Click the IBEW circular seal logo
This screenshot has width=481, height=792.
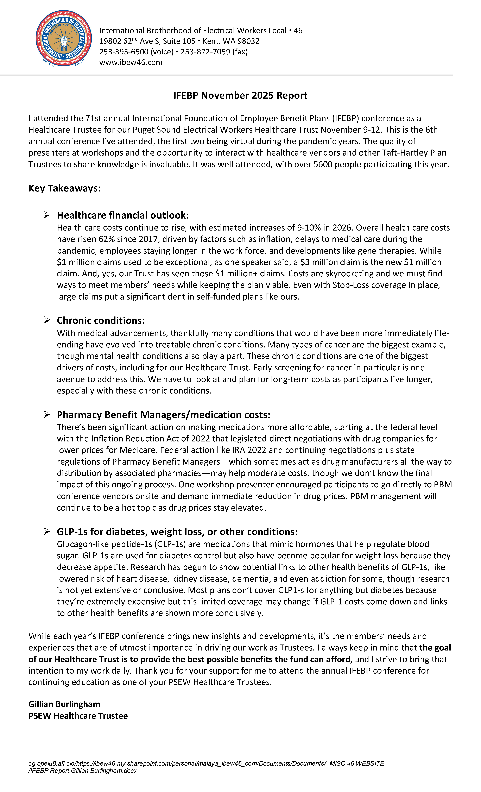tap(64, 38)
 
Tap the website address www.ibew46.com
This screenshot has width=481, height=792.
tap(131, 62)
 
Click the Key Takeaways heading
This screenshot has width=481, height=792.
tap(64, 188)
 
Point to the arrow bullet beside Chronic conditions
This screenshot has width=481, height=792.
tap(47, 320)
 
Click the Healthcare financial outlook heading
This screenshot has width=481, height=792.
tap(123, 215)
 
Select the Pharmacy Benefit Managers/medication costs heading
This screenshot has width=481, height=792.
tap(164, 415)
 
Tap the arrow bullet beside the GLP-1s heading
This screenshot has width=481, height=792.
tap(47, 532)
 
